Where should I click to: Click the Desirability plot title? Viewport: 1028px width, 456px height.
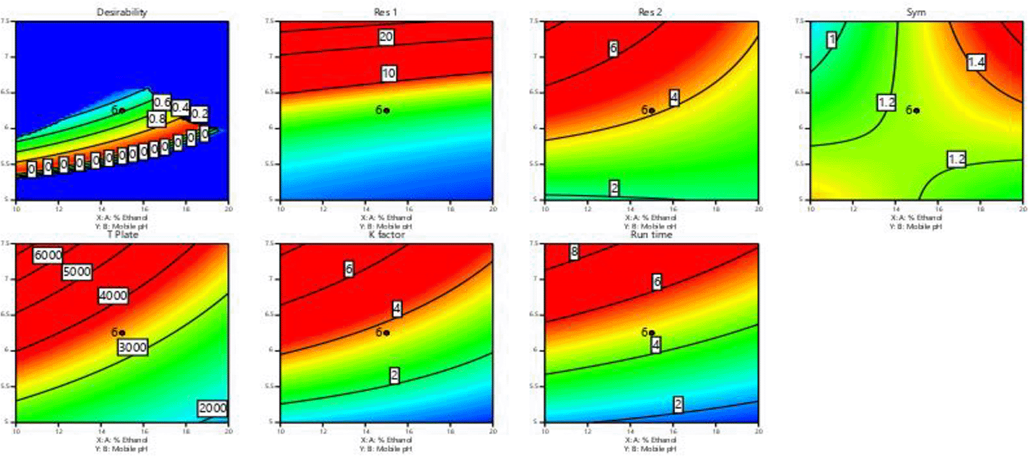[x=122, y=12]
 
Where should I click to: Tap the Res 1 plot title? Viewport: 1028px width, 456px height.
[x=385, y=12]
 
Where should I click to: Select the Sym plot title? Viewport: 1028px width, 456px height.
[x=916, y=12]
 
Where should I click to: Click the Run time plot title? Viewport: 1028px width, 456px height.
[x=651, y=235]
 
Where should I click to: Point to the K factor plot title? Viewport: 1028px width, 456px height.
[x=386, y=235]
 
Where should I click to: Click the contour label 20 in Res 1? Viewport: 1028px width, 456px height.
[x=386, y=37]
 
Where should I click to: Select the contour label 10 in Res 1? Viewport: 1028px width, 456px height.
[x=389, y=73]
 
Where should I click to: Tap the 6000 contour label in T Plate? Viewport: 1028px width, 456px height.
[x=48, y=256]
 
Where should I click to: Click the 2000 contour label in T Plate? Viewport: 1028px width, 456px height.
[x=213, y=408]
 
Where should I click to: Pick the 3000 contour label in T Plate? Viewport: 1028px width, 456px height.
[x=132, y=347]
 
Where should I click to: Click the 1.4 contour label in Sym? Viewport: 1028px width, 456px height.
[x=976, y=62]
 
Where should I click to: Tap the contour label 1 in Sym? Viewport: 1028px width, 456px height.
[x=832, y=40]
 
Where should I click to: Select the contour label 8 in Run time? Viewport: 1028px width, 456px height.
[x=574, y=252]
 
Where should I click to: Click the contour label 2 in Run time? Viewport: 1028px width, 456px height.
[x=678, y=404]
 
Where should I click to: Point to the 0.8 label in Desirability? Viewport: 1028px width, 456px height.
[x=157, y=119]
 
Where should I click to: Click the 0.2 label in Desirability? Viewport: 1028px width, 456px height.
[x=199, y=113]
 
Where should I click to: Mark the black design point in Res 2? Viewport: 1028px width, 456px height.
[x=652, y=110]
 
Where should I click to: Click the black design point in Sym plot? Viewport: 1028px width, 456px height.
[x=917, y=110]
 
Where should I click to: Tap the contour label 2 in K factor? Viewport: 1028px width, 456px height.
[x=395, y=376]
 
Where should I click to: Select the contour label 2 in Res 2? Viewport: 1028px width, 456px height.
[x=614, y=188]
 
